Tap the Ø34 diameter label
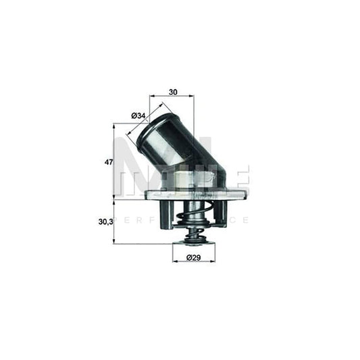(139, 116)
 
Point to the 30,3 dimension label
(105, 220)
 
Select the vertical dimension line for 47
(114, 162)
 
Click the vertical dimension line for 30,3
(114, 222)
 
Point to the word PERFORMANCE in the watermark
(182, 220)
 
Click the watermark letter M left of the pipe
(128, 172)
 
